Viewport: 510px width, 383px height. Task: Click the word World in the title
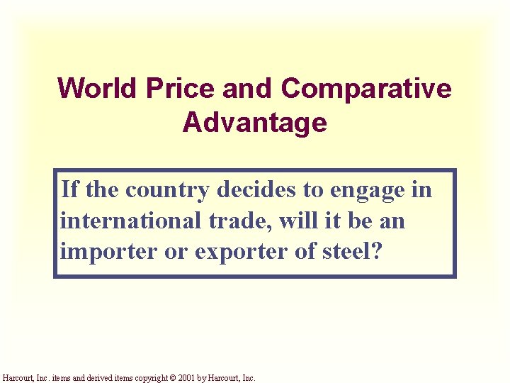[98, 89]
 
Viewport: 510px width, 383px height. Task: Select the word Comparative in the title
[366, 89]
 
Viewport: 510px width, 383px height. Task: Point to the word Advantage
[254, 123]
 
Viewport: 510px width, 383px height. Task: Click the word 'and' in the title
[247, 89]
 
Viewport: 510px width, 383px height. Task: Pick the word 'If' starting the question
[69, 190]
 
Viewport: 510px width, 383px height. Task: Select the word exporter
[213, 252]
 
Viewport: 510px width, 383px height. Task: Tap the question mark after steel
[376, 251]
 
